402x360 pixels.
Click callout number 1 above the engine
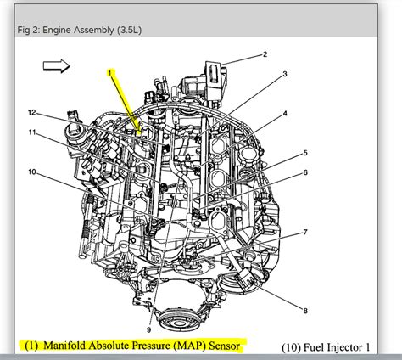pyautogui.click(x=109, y=73)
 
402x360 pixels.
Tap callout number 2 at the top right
pyautogui.click(x=264, y=55)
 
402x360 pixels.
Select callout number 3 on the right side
pyautogui.click(x=285, y=74)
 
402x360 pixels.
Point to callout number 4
pyautogui.click(x=285, y=114)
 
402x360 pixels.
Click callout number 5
pyautogui.click(x=303, y=154)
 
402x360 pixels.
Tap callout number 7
pyautogui.click(x=306, y=232)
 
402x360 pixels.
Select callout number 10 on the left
pyautogui.click(x=31, y=172)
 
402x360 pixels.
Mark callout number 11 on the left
pyautogui.click(x=31, y=132)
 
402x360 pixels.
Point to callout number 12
pyautogui.click(x=31, y=113)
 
